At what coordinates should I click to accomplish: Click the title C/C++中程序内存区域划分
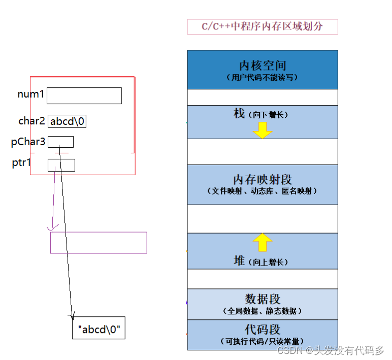[x=262, y=26]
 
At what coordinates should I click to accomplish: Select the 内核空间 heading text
[x=262, y=66]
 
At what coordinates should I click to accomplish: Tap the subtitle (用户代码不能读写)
[x=262, y=78]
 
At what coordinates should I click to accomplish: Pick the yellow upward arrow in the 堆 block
[x=263, y=243]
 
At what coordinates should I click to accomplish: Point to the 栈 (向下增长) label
[x=262, y=114]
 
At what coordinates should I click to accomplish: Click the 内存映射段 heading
[x=262, y=179]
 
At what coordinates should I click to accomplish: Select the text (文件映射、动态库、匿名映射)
[x=262, y=191]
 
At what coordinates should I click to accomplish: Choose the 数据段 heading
[x=262, y=299]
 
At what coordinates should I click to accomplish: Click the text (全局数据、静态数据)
[x=262, y=311]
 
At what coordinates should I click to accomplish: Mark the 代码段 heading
[x=262, y=329]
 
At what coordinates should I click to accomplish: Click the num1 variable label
[x=31, y=94]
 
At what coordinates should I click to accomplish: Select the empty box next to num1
[x=84, y=95]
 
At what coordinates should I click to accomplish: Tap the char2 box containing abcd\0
[x=67, y=121]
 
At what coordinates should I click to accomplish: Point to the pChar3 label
[x=28, y=142]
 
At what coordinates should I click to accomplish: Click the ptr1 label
[x=22, y=163]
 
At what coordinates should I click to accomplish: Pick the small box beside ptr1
[x=61, y=165]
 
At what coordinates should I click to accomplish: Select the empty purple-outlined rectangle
[x=99, y=243]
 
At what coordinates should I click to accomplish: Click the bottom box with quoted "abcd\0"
[x=99, y=330]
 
